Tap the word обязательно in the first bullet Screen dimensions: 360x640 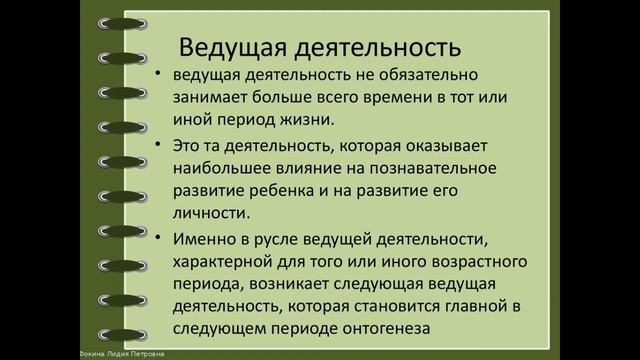pyautogui.click(x=447, y=76)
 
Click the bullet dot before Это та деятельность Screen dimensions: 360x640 pyautogui.click(x=161, y=146)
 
